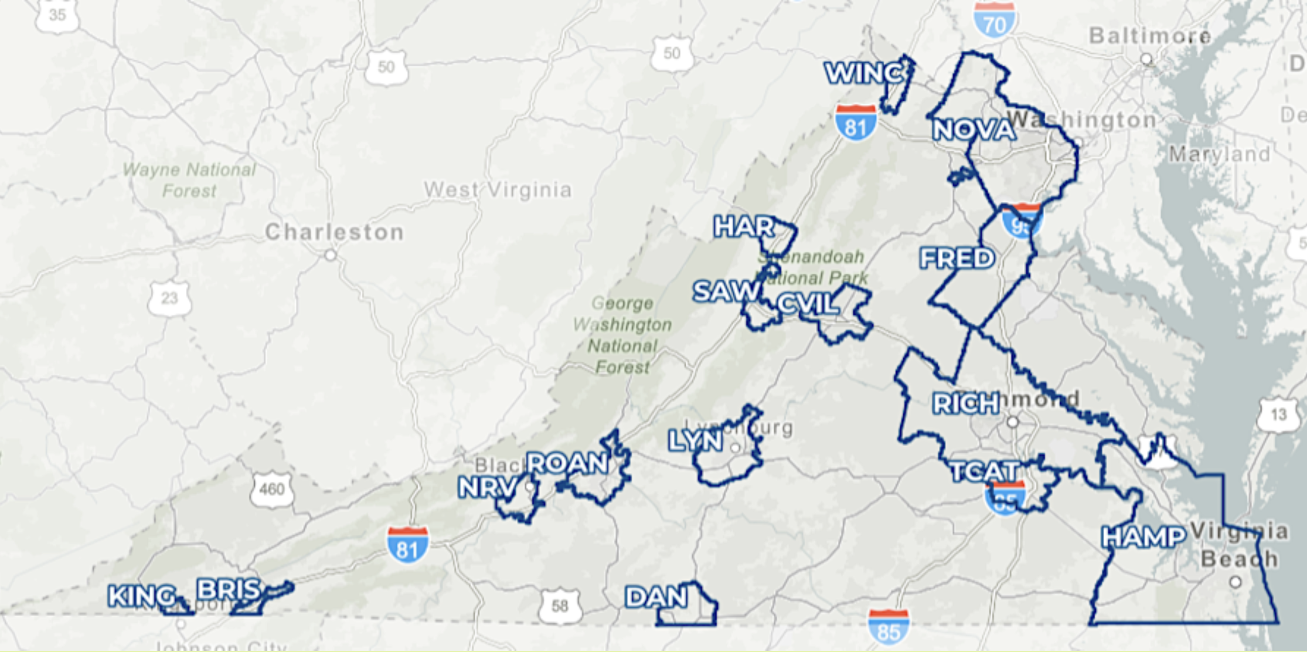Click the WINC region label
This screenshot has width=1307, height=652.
[x=864, y=73]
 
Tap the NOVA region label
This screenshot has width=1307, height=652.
[x=974, y=130]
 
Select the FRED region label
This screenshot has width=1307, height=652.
[x=957, y=259]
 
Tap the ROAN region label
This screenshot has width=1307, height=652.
[x=567, y=464]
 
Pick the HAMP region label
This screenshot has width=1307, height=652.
[x=1143, y=537]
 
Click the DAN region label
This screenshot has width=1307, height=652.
[x=656, y=597]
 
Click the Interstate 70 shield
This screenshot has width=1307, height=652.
[x=994, y=22]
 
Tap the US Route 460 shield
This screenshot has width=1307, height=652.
[x=271, y=489]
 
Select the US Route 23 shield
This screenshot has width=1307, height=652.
[x=169, y=299]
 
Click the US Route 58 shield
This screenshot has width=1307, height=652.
[x=560, y=606]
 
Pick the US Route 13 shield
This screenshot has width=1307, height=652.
[x=1278, y=415]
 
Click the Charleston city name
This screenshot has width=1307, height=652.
[x=335, y=233]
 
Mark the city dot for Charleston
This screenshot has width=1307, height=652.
[x=331, y=255]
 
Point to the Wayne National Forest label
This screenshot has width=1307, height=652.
[x=189, y=180]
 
